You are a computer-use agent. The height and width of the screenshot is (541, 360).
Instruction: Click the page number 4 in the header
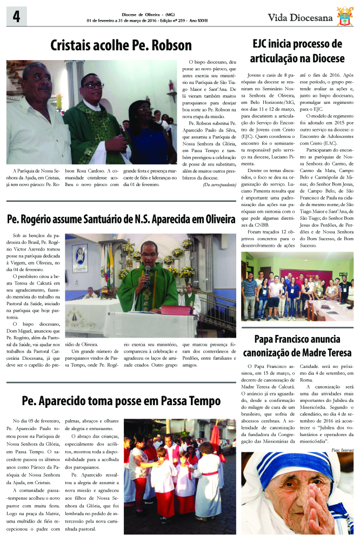[x=14, y=17]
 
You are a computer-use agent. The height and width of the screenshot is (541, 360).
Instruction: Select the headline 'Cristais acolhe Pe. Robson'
[x=121, y=45]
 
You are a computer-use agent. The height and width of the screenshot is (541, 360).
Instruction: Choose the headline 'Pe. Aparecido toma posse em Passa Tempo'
[x=121, y=401]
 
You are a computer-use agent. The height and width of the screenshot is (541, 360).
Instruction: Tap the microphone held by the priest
[x=147, y=270]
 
